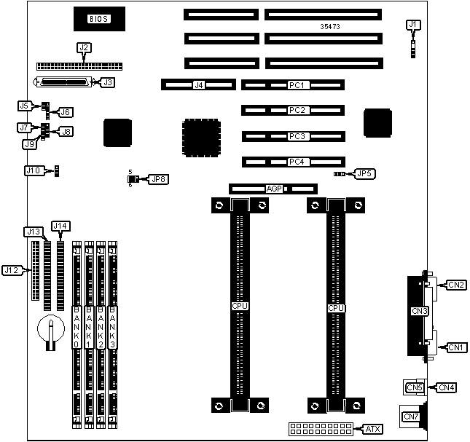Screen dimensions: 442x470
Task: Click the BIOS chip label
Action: [98, 19]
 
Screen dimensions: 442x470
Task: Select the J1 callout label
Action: [413, 25]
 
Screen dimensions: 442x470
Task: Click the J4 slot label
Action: [198, 85]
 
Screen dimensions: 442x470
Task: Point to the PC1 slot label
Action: [295, 85]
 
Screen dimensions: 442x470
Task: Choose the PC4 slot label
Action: [295, 162]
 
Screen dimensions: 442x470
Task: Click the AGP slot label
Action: [274, 189]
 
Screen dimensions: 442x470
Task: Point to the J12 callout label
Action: [11, 270]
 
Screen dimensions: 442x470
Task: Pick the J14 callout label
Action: [60, 226]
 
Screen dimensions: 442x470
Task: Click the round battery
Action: [50, 329]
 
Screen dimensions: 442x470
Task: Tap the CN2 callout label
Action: [457, 285]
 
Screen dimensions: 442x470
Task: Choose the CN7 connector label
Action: [411, 417]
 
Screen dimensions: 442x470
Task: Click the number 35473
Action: [331, 27]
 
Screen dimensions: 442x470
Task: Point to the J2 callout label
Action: [85, 48]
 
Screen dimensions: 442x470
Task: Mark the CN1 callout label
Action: [456, 347]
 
